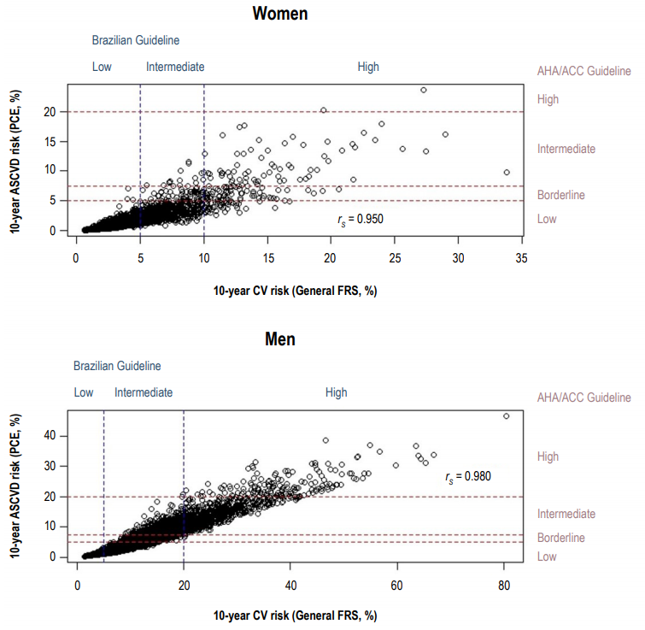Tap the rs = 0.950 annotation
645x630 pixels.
coord(361,219)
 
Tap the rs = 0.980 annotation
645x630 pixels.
coord(468,476)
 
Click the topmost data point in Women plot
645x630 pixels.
coord(423,90)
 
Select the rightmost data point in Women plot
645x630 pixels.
coord(507,172)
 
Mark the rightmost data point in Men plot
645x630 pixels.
coord(506,416)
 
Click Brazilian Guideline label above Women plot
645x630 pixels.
coord(136,39)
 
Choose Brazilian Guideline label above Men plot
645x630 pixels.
coord(117,366)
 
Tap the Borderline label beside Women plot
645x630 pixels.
coord(560,195)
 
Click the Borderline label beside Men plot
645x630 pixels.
coord(560,538)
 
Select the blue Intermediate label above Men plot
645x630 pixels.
coord(144,392)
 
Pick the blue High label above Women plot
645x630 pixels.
coord(368,67)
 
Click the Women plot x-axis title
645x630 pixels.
coord(295,290)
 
